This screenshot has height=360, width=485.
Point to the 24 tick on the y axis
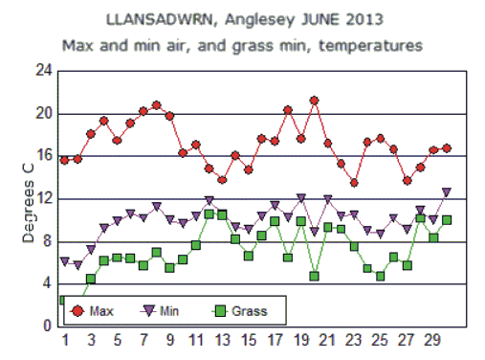coord(43,71)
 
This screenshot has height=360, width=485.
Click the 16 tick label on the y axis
coord(43,156)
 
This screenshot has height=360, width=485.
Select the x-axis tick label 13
coord(222,342)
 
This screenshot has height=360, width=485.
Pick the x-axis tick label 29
coord(432,342)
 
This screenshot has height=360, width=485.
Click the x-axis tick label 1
coord(65,342)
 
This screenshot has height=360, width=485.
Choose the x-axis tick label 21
coord(327,342)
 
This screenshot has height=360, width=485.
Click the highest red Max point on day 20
coord(314,101)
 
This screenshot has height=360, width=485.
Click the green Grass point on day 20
coord(314,276)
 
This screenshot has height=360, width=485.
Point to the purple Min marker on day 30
coord(446,192)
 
